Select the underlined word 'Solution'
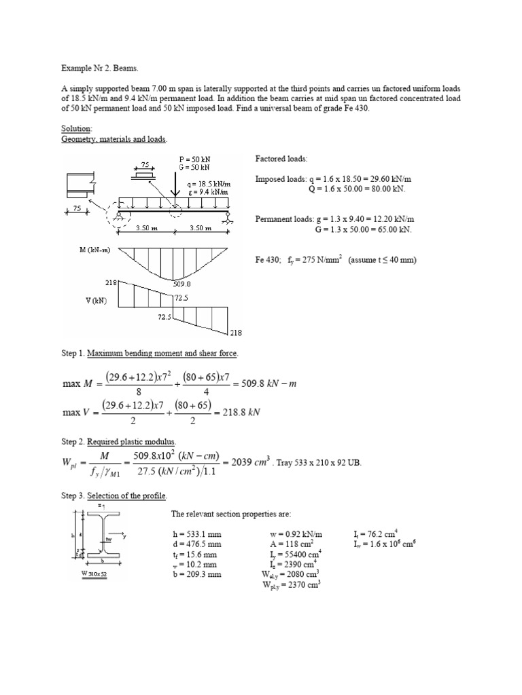tap(75, 129)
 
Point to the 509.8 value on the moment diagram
tap(183, 285)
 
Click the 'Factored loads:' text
tap(281, 158)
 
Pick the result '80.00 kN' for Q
tap(385, 188)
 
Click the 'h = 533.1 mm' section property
tap(196, 534)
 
